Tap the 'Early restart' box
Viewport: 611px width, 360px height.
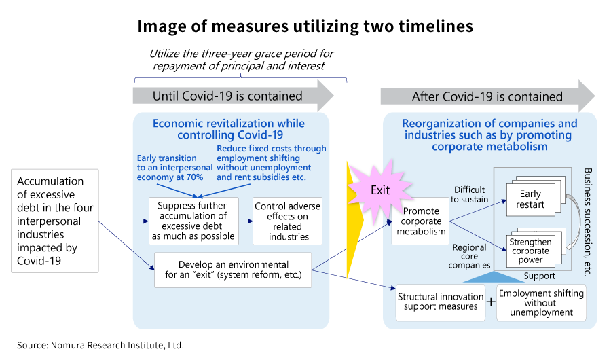pos(530,199)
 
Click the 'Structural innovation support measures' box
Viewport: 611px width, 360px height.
pos(438,302)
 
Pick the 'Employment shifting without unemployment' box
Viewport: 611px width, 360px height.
pos(540,302)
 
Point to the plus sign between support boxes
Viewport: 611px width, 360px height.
pos(491,302)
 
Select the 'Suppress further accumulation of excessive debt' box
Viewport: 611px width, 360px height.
pos(193,221)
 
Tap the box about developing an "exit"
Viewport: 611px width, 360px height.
pos(233,270)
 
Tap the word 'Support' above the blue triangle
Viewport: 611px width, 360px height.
pos(540,276)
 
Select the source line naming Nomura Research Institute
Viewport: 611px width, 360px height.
pos(100,345)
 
